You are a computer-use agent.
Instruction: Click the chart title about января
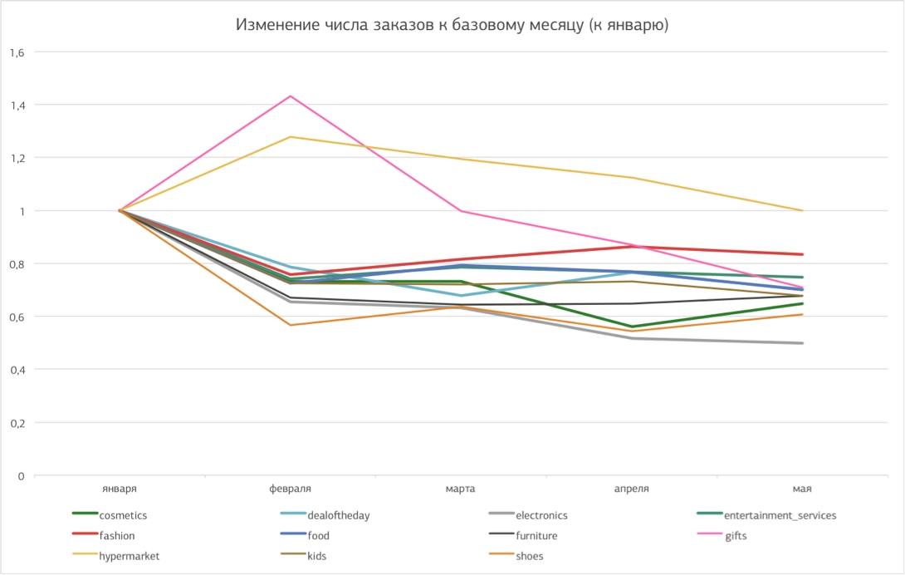tap(452, 26)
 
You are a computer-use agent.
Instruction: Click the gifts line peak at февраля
tap(291, 96)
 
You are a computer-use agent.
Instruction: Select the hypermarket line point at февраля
tap(291, 137)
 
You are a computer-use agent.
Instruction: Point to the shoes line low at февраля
tap(291, 325)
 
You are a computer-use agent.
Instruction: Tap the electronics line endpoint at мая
tap(802, 343)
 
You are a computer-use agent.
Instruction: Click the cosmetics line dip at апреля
tap(633, 327)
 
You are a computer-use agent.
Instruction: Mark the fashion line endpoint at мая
tap(802, 254)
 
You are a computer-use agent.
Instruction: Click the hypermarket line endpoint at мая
tap(802, 210)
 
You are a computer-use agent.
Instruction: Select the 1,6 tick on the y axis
tap(17, 52)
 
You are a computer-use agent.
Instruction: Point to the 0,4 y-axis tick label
tap(17, 370)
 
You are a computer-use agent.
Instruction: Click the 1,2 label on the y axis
tap(17, 158)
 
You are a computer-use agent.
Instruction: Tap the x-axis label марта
tap(462, 489)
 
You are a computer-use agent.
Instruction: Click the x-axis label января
tap(120, 489)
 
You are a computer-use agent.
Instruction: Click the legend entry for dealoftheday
tap(338, 515)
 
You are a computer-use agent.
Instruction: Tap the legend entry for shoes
tap(529, 557)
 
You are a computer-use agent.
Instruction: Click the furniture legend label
tap(536, 536)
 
